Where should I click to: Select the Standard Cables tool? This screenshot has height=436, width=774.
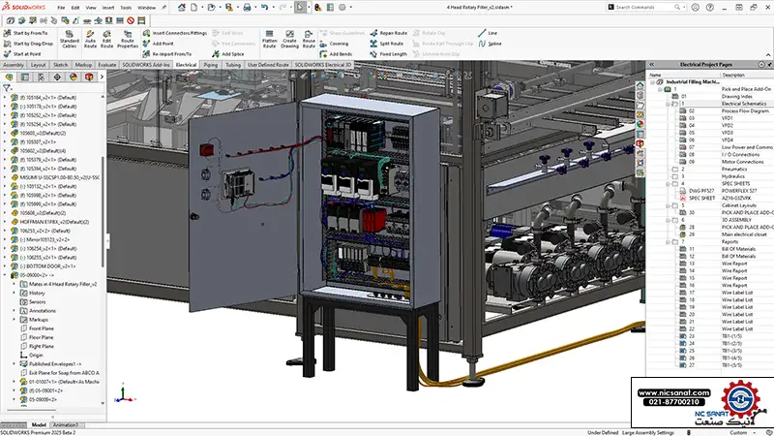[70, 39]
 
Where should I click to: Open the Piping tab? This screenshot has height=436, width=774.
[210, 64]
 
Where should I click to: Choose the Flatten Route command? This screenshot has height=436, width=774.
[270, 39]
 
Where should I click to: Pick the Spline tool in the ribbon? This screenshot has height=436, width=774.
[494, 44]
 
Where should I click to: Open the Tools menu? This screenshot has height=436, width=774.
[126, 7]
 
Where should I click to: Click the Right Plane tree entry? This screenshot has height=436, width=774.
[42, 346]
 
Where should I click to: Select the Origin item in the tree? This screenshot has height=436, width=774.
[37, 355]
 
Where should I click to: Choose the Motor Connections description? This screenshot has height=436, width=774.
[742, 161]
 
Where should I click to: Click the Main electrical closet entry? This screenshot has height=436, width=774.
[745, 234]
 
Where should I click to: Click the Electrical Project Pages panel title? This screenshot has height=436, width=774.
[709, 64]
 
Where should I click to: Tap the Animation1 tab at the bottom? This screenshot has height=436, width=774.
[65, 424]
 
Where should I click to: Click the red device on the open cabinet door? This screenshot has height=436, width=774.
[205, 150]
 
